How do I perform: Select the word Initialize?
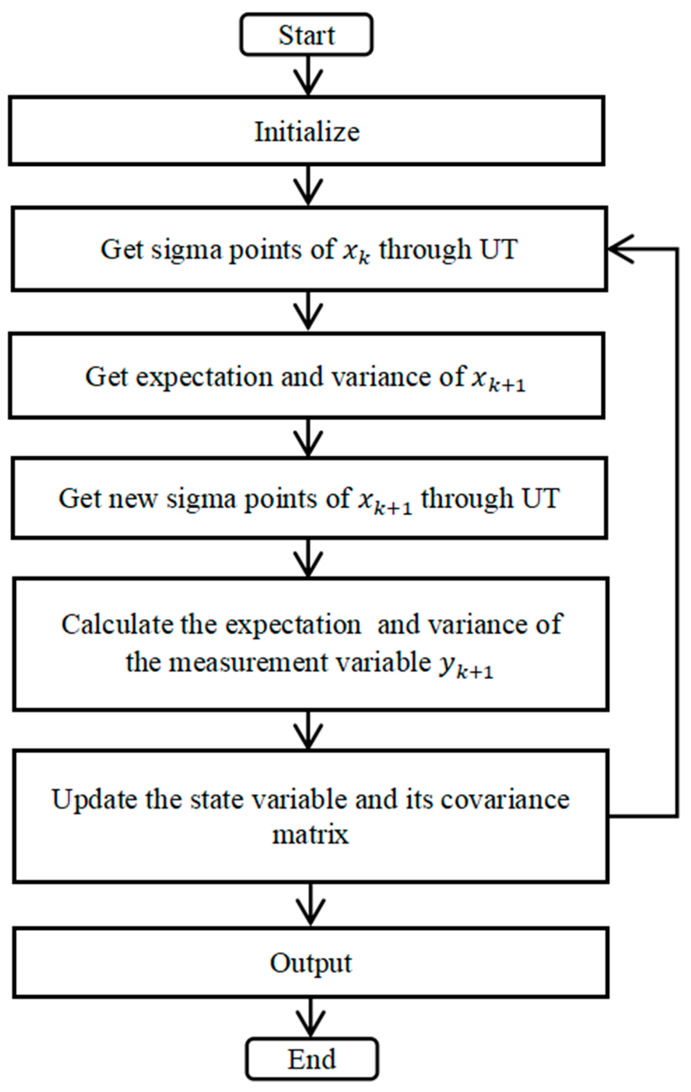307,132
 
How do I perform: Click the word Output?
311,963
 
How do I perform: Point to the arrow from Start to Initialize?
308,75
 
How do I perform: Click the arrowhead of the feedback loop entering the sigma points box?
620,249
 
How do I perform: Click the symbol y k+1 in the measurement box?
466,665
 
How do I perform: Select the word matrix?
310,834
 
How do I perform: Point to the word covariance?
505,799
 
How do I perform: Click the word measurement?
248,663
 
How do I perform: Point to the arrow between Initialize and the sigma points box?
308,185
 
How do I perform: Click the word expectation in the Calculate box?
293,624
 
